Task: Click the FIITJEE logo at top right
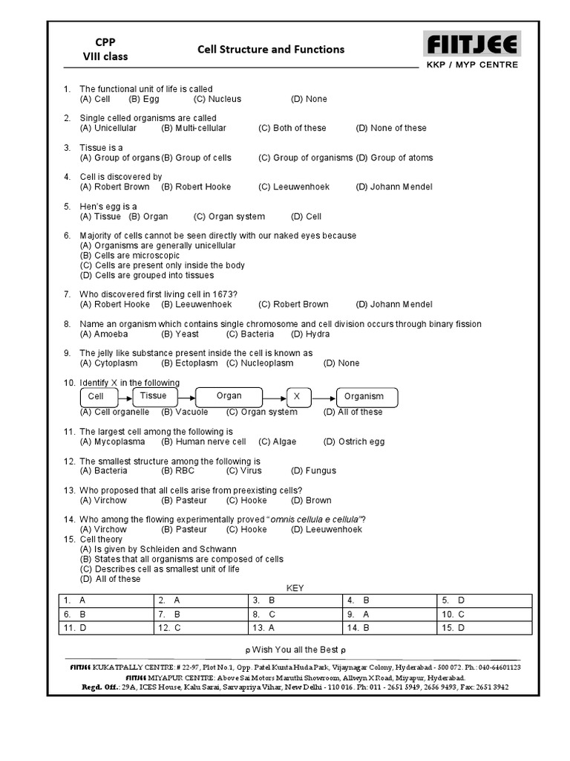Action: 471,45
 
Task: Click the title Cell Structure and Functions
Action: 270,50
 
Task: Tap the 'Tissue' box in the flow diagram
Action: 154,396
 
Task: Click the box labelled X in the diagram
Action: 297,398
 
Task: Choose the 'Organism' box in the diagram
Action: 367,398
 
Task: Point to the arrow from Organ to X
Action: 275,398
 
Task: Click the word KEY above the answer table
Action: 295,588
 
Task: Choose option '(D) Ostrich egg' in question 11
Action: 354,441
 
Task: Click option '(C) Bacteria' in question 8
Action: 250,334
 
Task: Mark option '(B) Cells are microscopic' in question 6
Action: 130,255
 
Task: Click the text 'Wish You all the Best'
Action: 295,650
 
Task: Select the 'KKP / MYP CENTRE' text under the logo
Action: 472,65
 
